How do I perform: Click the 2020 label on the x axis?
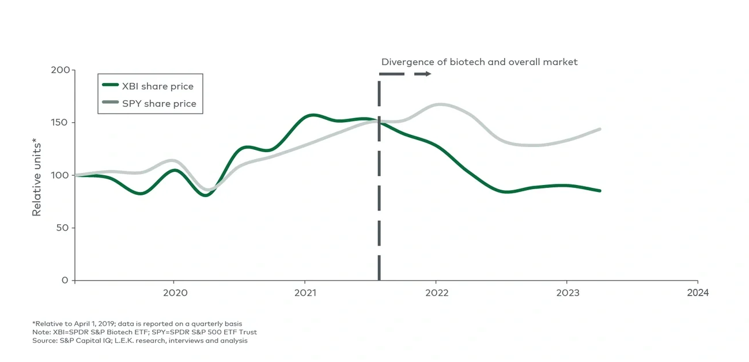pyautogui.click(x=175, y=293)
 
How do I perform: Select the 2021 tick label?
pyautogui.click(x=305, y=293)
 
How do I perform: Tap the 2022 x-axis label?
pyautogui.click(x=436, y=293)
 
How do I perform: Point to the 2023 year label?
pyautogui.click(x=566, y=293)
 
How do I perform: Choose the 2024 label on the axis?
pyautogui.click(x=698, y=293)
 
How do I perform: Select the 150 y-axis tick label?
pyautogui.click(x=59, y=123)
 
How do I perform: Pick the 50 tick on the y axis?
pyautogui.click(x=62, y=228)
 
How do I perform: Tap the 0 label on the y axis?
pyautogui.click(x=65, y=280)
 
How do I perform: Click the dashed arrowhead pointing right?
pyautogui.click(x=427, y=74)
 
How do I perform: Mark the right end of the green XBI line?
pyautogui.click(x=600, y=191)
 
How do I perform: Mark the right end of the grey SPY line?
pyautogui.click(x=600, y=129)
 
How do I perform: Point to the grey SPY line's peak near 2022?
pyautogui.click(x=441, y=104)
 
